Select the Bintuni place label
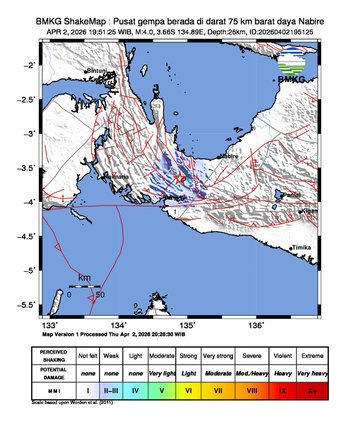click(x=98, y=71)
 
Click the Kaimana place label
click(x=119, y=178)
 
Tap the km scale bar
click(x=85, y=286)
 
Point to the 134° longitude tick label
click(x=118, y=325)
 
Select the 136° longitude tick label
click(x=255, y=325)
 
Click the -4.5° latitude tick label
click(x=30, y=237)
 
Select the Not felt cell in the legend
click(x=88, y=354)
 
